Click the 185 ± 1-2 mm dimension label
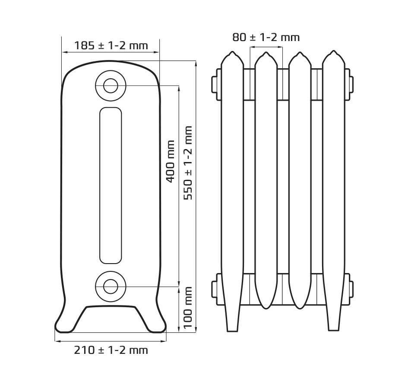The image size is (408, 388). (111, 46)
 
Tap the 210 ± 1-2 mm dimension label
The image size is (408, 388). (111, 350)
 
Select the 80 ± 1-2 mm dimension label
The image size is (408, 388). (266, 38)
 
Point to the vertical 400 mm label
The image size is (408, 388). (170, 161)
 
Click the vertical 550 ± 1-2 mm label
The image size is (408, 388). (188, 163)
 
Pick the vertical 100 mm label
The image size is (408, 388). (188, 308)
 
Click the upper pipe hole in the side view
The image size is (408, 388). (111, 86)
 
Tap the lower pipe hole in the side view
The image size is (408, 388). (111, 286)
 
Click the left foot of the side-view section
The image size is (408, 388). (64, 327)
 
